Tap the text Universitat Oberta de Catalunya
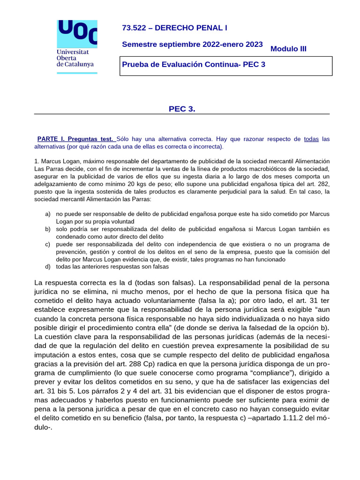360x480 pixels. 75,58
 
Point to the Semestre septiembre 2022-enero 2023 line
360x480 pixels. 192,45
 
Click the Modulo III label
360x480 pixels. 288,49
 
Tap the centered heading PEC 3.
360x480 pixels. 182,109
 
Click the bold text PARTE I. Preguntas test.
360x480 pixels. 75,139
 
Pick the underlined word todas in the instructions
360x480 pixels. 312,139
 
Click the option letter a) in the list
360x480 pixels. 48,214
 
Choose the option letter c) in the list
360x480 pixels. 48,244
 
